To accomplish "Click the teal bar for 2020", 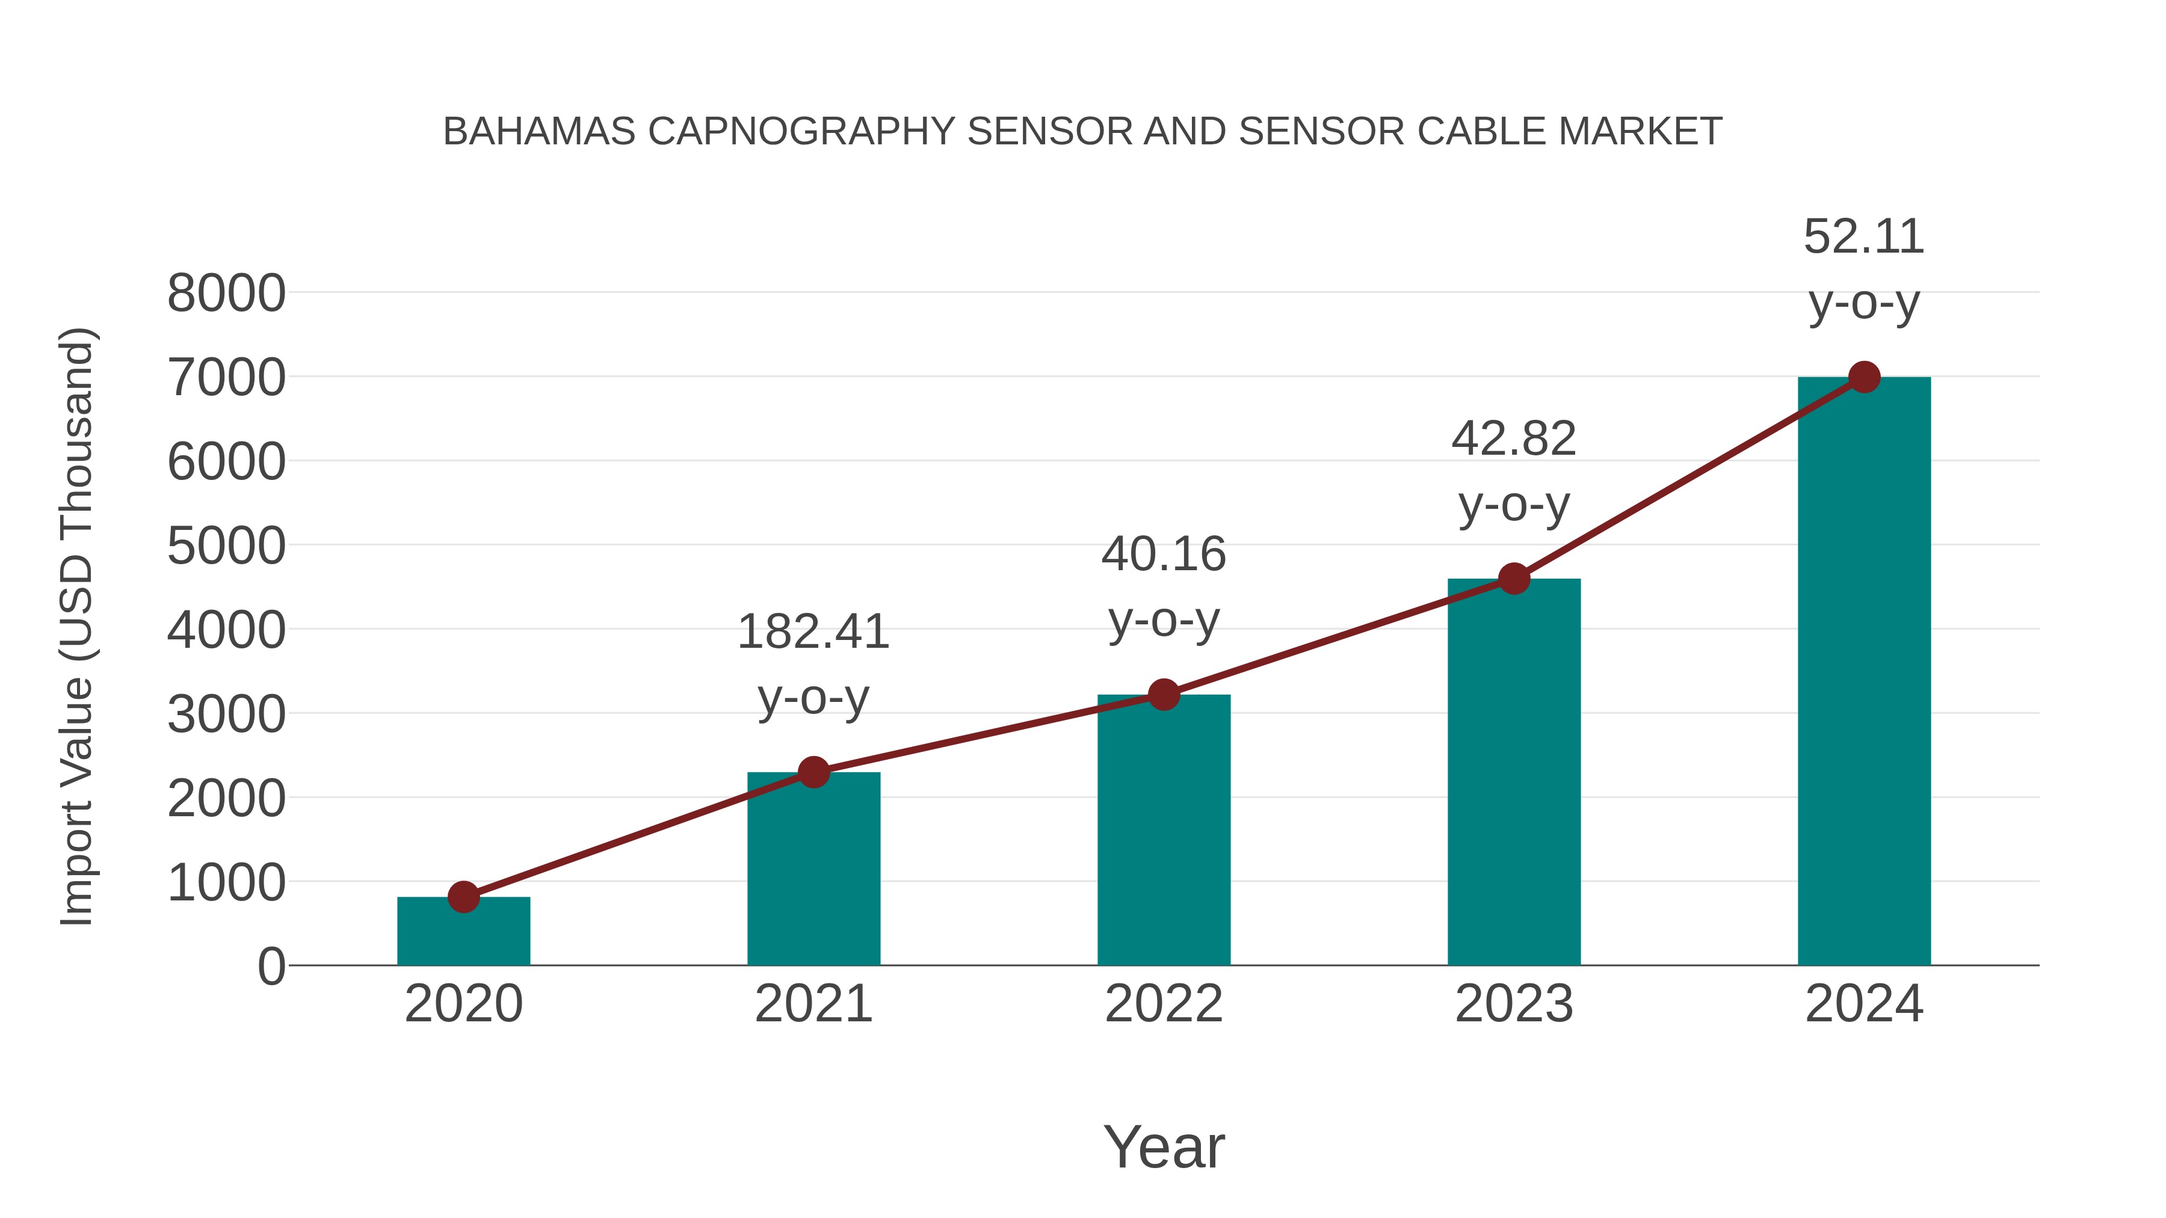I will pos(463,933).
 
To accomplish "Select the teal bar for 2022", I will pos(1164,832).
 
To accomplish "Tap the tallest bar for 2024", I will pos(1864,672).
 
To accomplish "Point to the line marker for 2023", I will pos(1514,578).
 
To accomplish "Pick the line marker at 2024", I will pos(1864,377).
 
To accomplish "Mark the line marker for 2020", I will pos(463,897).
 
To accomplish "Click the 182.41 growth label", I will pos(813,632).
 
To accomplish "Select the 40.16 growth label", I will pos(1164,555).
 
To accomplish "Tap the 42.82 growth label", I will pos(1514,439).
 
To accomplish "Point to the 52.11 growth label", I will pos(1864,237).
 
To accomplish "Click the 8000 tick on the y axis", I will pos(226,294).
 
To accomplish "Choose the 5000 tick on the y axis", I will pos(226,546).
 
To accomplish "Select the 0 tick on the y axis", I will pos(271,967).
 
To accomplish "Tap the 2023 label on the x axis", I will pos(1514,1004).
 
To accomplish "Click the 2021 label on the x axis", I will pos(813,1004).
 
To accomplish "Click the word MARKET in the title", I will pos(1640,132).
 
